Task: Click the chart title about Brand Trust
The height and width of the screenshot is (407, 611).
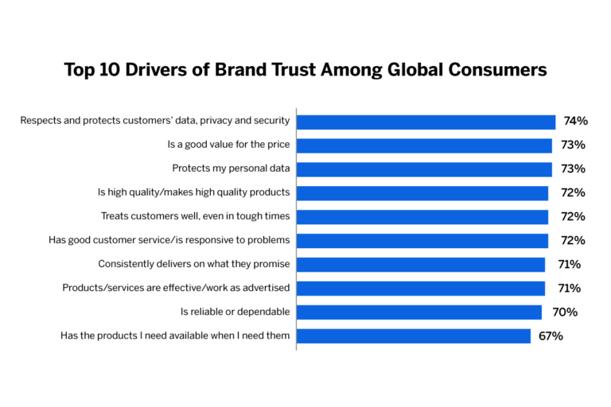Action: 305,70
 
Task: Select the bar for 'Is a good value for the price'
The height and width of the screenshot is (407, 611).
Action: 425,145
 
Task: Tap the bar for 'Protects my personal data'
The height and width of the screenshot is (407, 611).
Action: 425,169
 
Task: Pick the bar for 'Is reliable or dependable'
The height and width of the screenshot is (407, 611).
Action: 419,312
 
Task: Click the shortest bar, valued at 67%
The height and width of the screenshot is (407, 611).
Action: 414,335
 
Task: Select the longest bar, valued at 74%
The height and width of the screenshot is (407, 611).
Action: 426,122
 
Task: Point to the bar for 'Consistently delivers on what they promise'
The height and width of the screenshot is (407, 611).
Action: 421,264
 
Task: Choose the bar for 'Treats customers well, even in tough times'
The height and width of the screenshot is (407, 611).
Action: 422,216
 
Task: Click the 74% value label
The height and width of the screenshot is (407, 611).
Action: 575,122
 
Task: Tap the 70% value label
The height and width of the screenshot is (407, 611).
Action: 566,312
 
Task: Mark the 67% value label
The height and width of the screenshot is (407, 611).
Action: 551,335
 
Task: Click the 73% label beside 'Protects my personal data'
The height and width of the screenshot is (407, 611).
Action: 573,169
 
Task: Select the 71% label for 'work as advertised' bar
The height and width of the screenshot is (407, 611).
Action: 570,288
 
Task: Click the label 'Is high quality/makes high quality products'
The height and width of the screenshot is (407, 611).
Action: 193,192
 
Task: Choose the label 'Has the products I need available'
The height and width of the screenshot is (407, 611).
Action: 175,335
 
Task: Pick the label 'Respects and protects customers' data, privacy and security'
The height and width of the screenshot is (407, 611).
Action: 155,121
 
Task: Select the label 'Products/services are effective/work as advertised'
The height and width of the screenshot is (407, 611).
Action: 176,288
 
